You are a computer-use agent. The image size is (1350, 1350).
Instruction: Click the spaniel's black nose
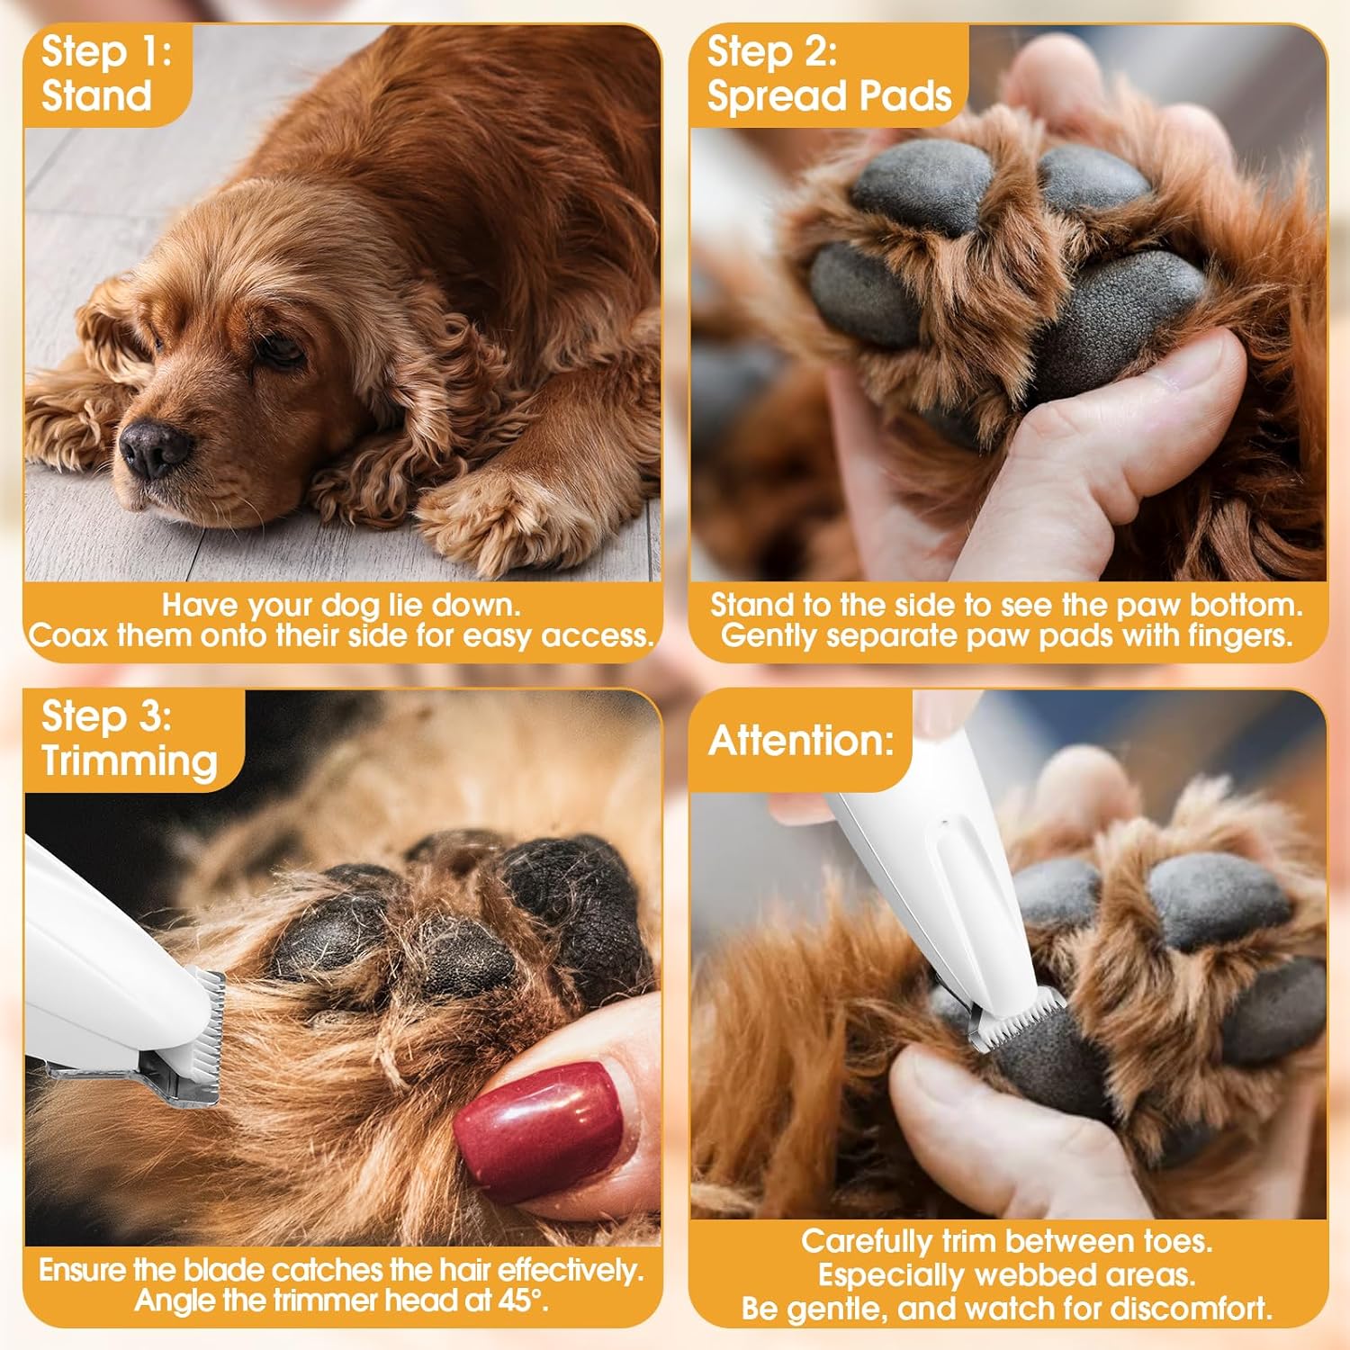click(x=155, y=448)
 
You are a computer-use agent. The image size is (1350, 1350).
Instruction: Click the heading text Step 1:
click(x=106, y=51)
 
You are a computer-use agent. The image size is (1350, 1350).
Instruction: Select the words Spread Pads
click(x=829, y=96)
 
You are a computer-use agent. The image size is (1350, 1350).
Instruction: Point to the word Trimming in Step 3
click(x=130, y=761)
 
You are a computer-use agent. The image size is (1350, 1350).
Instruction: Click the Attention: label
click(x=801, y=741)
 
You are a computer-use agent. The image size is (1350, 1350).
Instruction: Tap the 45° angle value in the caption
click(x=526, y=1300)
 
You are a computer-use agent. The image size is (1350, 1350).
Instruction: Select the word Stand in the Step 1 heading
click(x=96, y=96)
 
